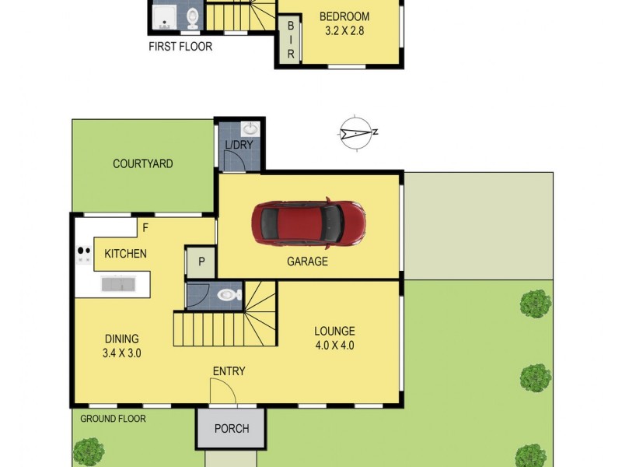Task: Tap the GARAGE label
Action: point(308,262)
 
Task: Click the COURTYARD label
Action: point(142,163)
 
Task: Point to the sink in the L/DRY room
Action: point(250,129)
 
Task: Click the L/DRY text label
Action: point(238,146)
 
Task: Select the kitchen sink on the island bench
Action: point(121,285)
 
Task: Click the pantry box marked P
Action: point(201,262)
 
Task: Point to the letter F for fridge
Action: point(144,228)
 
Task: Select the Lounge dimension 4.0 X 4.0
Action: point(335,346)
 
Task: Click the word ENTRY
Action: point(229,371)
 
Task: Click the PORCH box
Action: point(232,428)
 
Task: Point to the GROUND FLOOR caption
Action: point(113,419)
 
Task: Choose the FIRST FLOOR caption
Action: point(180,47)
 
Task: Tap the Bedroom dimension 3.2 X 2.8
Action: point(344,31)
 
